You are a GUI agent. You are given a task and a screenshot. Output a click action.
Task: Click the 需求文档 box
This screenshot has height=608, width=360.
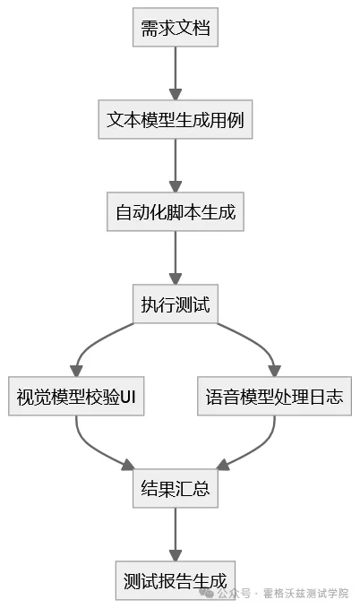click(x=176, y=29)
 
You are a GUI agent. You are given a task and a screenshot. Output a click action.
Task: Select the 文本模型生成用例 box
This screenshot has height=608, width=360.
click(x=176, y=119)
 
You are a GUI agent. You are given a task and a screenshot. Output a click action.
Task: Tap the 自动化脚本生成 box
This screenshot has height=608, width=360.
click(x=176, y=212)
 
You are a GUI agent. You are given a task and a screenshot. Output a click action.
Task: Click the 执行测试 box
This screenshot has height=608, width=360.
click(x=176, y=304)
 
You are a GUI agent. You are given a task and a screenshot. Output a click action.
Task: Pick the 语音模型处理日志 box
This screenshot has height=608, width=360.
click(x=274, y=396)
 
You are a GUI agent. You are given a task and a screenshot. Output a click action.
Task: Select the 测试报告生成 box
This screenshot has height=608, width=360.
click(x=176, y=579)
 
